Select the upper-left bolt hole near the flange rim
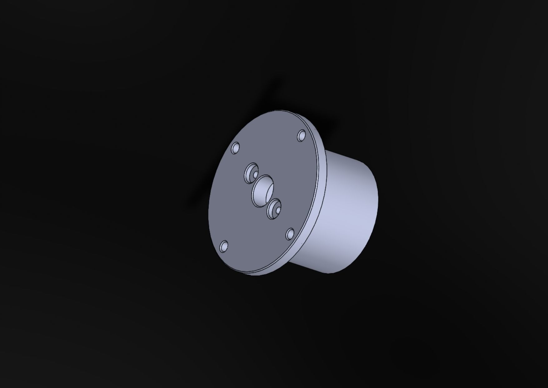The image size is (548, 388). point(235,148)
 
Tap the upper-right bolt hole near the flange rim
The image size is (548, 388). point(301,136)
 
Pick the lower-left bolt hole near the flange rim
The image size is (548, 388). point(224,246)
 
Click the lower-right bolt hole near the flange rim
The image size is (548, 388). point(290,234)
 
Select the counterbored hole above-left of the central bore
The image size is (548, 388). point(251,173)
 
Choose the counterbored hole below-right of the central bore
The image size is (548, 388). point(274,209)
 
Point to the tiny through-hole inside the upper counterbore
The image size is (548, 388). point(255,174)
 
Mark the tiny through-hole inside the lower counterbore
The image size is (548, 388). point(277,212)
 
